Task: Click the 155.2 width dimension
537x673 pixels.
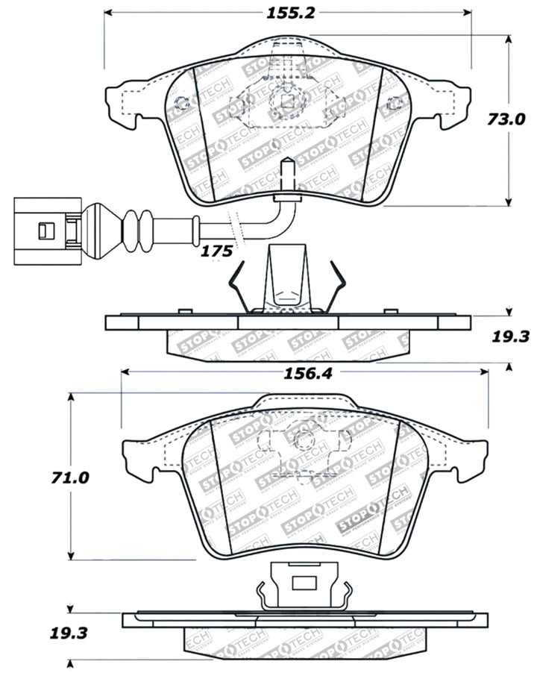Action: (x=287, y=13)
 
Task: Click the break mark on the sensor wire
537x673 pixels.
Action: (x=234, y=223)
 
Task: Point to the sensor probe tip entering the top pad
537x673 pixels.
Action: (x=286, y=176)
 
